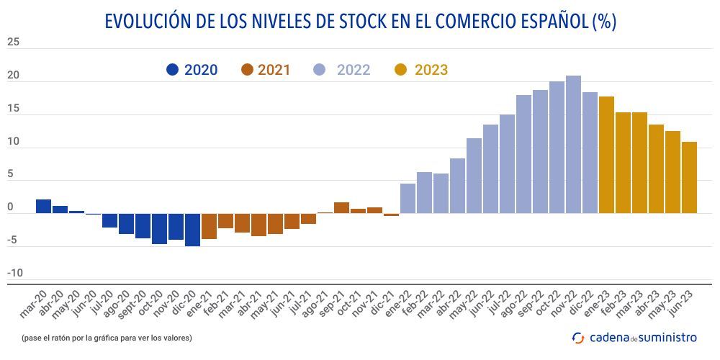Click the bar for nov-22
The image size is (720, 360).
click(573, 145)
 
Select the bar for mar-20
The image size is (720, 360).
click(43, 207)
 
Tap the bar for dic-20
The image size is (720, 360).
click(192, 230)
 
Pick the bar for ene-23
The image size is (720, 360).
click(606, 155)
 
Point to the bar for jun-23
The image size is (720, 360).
click(689, 177)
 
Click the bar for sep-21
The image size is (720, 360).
click(341, 208)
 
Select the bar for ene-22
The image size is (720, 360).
click(408, 199)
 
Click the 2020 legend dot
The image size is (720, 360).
click(173, 70)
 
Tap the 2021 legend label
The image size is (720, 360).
click(274, 70)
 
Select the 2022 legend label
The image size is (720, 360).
click(353, 70)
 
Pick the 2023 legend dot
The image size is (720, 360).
click(401, 70)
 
